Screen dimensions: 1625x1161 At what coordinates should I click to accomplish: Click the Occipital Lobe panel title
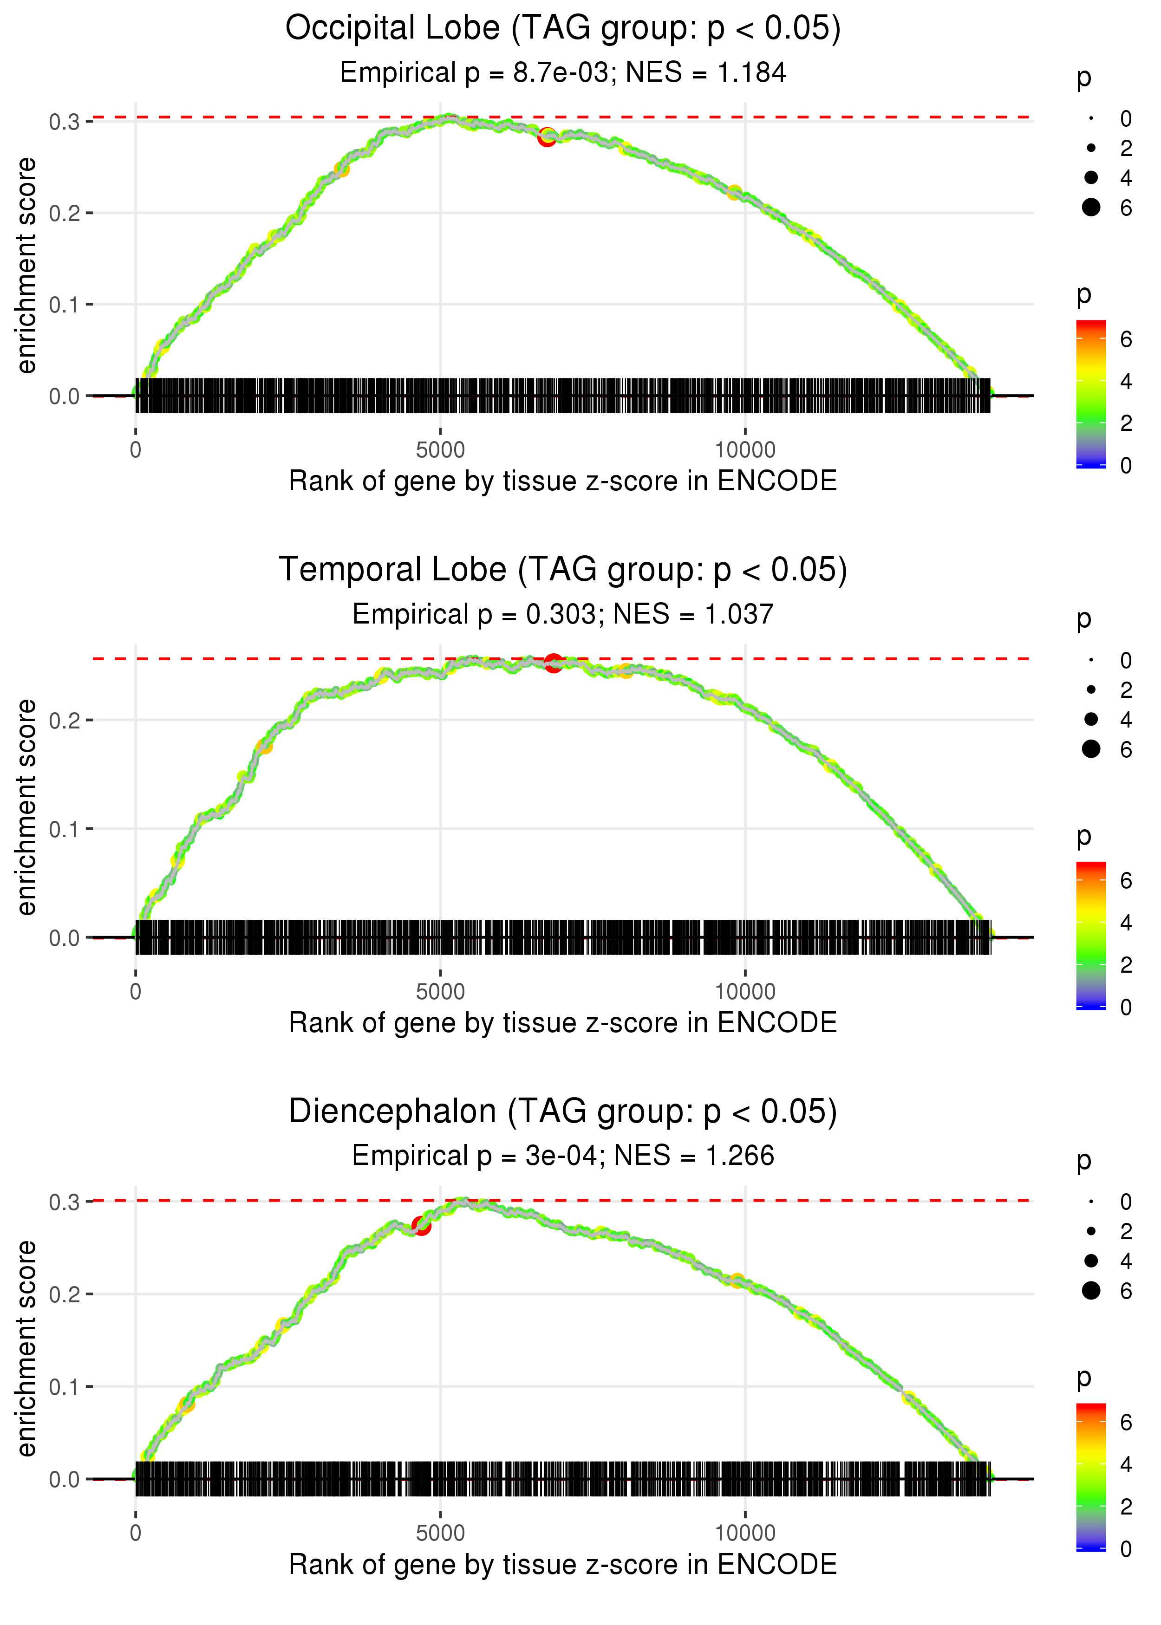click(563, 29)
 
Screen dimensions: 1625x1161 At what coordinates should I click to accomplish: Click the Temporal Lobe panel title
click(563, 570)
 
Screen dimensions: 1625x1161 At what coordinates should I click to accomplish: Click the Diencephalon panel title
click(563, 1112)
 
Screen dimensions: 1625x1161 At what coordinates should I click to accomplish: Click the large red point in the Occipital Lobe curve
click(547, 137)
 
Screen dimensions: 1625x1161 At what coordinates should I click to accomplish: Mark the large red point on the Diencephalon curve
click(421, 1226)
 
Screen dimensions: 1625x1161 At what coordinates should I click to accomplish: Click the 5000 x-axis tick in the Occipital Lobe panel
click(440, 450)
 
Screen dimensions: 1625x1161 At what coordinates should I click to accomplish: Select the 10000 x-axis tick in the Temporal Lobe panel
click(745, 992)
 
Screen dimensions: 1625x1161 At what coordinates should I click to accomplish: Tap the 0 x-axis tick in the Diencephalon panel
click(136, 1534)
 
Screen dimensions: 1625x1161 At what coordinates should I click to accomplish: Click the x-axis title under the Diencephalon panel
click(563, 1565)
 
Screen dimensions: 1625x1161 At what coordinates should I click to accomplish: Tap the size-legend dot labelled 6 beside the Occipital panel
click(1091, 207)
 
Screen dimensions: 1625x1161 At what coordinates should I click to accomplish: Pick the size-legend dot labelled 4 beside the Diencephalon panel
click(1091, 1261)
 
